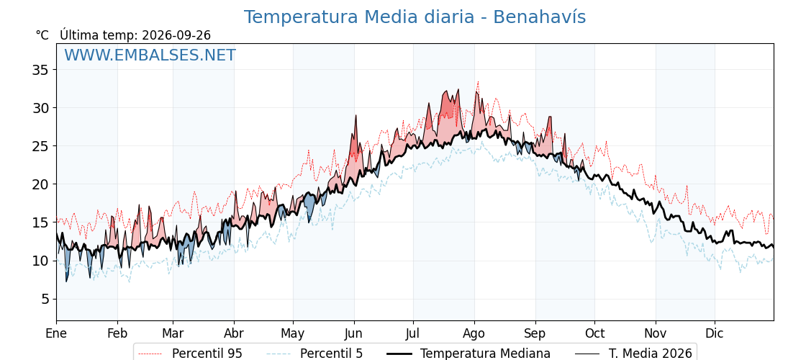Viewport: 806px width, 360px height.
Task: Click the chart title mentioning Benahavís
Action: (x=415, y=17)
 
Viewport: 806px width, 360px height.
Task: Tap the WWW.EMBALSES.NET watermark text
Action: (x=150, y=55)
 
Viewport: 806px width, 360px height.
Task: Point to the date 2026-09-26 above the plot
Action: (x=176, y=35)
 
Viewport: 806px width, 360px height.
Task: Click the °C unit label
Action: (x=42, y=35)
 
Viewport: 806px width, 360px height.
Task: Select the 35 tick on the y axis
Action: (x=40, y=69)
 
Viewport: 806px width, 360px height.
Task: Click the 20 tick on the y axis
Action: (x=40, y=184)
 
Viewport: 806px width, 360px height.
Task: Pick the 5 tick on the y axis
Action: (x=44, y=299)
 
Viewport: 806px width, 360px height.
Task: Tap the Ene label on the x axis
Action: (x=56, y=333)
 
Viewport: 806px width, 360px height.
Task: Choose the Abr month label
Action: (x=234, y=333)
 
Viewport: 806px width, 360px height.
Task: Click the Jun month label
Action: (x=354, y=333)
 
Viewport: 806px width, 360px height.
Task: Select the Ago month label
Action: (x=474, y=333)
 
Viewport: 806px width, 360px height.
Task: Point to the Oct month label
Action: (x=594, y=333)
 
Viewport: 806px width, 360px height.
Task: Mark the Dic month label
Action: (x=715, y=333)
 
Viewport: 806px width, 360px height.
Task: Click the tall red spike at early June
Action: (x=356, y=116)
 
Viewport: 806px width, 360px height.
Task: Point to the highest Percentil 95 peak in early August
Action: (x=478, y=81)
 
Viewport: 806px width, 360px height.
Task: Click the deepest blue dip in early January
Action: (x=66, y=281)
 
